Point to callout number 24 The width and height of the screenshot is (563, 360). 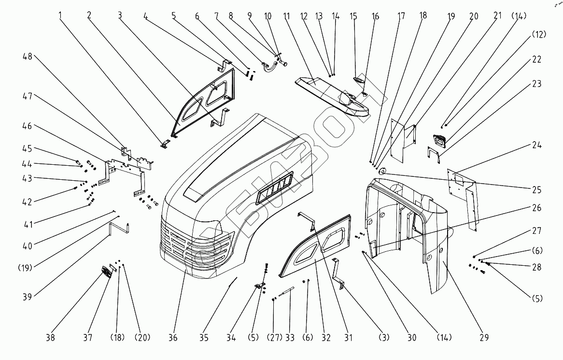pyautogui.click(x=536, y=145)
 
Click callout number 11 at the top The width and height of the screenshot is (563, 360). pyautogui.click(x=286, y=15)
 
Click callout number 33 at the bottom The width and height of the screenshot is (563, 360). pyautogui.click(x=290, y=338)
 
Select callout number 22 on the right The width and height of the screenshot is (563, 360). pyautogui.click(x=536, y=60)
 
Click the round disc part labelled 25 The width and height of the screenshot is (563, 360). pyautogui.click(x=382, y=171)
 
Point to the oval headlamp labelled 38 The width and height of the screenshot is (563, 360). pyautogui.click(x=106, y=273)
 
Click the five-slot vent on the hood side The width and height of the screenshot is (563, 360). pyautogui.click(x=276, y=187)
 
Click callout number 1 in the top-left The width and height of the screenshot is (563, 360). pyautogui.click(x=61, y=15)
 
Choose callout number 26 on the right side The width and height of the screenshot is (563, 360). pyautogui.click(x=536, y=208)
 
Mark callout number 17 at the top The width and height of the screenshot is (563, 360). pyautogui.click(x=401, y=15)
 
